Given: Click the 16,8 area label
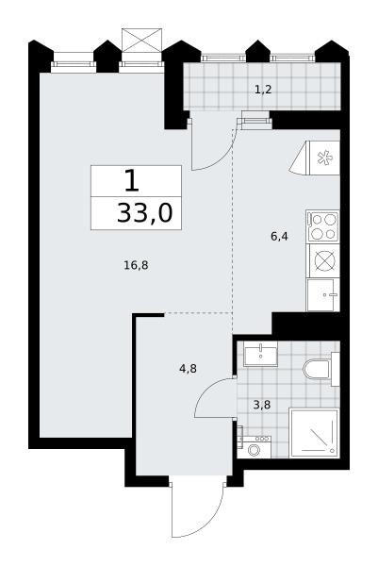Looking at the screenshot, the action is click(x=136, y=266).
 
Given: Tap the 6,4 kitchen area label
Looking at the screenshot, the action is click(x=279, y=237).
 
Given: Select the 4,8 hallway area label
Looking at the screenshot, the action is click(x=188, y=369).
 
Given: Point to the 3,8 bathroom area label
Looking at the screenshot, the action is click(x=261, y=405).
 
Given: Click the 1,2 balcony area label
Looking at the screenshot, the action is click(x=263, y=90).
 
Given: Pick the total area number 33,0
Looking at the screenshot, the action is click(x=145, y=213).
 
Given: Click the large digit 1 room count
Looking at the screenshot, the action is click(x=132, y=181).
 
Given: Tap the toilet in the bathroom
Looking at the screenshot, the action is click(x=320, y=370).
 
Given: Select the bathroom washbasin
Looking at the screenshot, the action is click(x=260, y=354).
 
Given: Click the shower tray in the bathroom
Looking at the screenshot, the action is click(x=314, y=432).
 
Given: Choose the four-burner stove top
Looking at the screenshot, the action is click(x=322, y=226).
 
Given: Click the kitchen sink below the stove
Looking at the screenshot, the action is click(x=323, y=295).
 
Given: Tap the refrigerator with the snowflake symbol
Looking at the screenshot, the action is click(x=315, y=158).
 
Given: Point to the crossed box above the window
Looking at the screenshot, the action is click(x=141, y=41).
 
